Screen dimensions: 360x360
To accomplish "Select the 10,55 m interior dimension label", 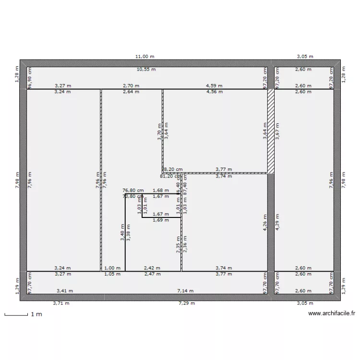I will pos(146,70).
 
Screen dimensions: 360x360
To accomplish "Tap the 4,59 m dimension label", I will pos(214,86).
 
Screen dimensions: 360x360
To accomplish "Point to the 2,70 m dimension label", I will pos(131,86).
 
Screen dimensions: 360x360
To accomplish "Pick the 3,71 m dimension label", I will pos(61,303).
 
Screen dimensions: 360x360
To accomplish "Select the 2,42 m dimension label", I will pos(152,268).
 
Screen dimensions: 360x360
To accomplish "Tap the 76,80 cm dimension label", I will pos(133,191).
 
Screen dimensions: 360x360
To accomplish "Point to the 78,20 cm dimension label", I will pos(172,169).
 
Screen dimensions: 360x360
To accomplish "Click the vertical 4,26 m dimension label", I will pos(265,224).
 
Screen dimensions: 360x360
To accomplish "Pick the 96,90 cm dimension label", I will pos(30,78).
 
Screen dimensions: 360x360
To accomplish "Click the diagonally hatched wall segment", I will pos(271,131).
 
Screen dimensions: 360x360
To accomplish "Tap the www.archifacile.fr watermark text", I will pos(331,314).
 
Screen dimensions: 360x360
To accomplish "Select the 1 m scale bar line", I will pos(16,315).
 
